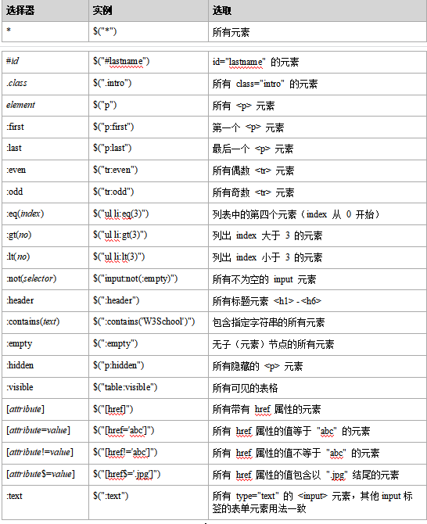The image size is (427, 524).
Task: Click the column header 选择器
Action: click(21, 11)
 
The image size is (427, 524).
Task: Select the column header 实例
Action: click(102, 11)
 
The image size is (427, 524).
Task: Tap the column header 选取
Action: click(222, 11)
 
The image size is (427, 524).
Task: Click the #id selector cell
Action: click(13, 61)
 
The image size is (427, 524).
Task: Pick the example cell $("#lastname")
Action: click(121, 61)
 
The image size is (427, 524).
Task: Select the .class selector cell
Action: click(18, 83)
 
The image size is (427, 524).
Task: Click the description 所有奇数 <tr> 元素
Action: click(253, 192)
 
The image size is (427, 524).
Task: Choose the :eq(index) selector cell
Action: click(25, 214)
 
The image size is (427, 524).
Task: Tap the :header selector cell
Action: click(20, 300)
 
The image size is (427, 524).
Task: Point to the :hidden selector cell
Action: click(20, 365)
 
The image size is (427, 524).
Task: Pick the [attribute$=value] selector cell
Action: click(40, 474)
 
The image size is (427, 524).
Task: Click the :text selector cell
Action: click(14, 495)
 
